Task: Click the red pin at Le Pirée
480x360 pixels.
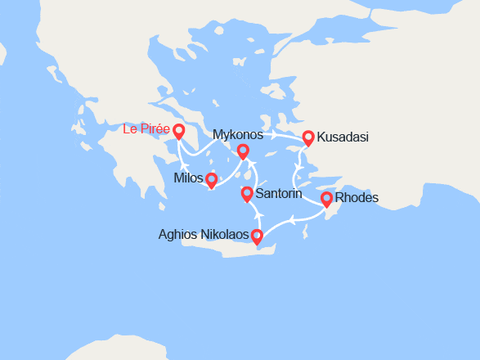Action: pyautogui.click(x=178, y=130)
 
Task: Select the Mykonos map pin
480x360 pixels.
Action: pyautogui.click(x=243, y=151)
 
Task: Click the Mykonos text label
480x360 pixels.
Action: pyautogui.click(x=237, y=134)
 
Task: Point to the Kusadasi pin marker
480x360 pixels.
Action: pyautogui.click(x=308, y=137)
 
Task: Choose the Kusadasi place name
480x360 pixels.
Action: pyautogui.click(x=342, y=137)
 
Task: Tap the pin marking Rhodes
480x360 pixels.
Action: pyautogui.click(x=327, y=198)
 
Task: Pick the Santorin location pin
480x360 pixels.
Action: pyautogui.click(x=247, y=194)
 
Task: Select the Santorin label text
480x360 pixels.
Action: pyautogui.click(x=280, y=195)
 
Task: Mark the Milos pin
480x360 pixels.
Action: pyautogui.click(x=211, y=179)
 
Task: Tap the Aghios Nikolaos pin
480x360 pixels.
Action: pyautogui.click(x=257, y=237)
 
